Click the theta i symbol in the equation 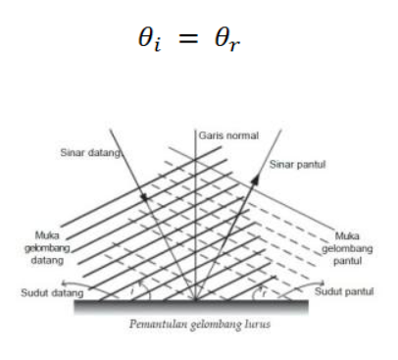click(x=149, y=39)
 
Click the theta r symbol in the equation click(x=227, y=39)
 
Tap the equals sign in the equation click(x=188, y=38)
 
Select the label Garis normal click(x=228, y=135)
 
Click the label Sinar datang click(x=90, y=153)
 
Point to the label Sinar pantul click(x=297, y=165)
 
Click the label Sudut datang click(x=52, y=292)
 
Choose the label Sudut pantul click(x=344, y=291)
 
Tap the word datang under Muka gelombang click(x=47, y=261)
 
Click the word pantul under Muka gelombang click(x=347, y=261)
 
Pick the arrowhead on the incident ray click(x=144, y=197)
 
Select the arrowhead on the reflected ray click(x=256, y=180)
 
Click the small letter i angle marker click(x=132, y=290)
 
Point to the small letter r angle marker click(x=264, y=293)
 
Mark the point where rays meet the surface click(x=195, y=299)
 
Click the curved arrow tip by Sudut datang click(x=64, y=283)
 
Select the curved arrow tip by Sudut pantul click(x=323, y=283)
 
